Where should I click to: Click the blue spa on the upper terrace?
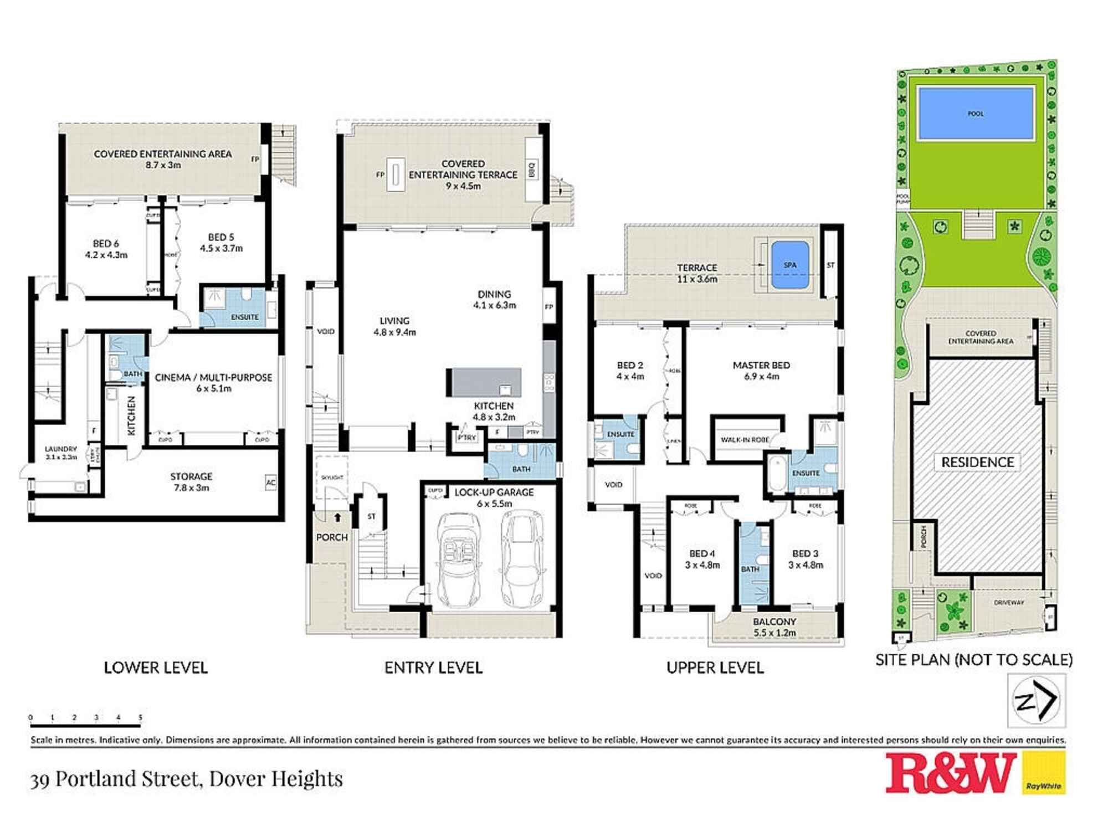point(789,265)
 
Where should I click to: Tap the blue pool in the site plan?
point(976,113)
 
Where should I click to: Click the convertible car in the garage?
point(459,560)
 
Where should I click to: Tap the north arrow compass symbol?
point(1036,701)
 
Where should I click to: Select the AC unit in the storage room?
point(270,483)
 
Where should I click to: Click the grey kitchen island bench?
point(484,382)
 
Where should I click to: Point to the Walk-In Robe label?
point(745,439)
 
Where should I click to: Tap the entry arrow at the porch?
point(337,517)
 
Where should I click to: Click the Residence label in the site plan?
point(977,462)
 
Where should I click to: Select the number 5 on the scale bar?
point(140,717)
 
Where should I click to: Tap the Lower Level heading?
point(156,668)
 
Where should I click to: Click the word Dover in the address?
point(241,779)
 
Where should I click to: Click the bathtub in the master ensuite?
point(777,474)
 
